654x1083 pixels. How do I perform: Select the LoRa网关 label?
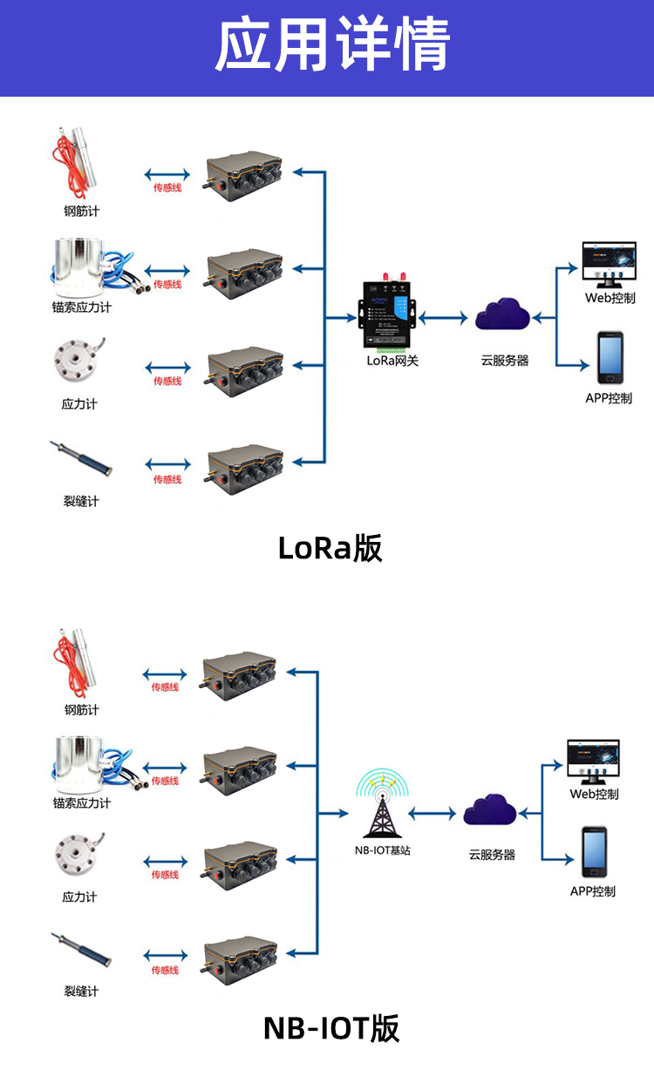(392, 361)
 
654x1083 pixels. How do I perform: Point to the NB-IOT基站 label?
(383, 850)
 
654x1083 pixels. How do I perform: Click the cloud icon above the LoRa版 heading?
(503, 315)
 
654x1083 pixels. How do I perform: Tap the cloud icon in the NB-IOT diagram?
(490, 810)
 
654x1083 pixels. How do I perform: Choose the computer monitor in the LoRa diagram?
(610, 262)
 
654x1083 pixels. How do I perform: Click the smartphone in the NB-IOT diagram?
(594, 852)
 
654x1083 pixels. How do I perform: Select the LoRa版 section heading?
(330, 549)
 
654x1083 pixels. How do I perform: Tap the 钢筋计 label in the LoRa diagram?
(82, 212)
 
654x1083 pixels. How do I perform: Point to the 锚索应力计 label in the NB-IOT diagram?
(82, 803)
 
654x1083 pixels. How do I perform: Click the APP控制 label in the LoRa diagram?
(609, 399)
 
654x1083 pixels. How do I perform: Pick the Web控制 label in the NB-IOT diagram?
(594, 794)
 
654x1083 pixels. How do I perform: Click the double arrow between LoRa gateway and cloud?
(443, 319)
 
